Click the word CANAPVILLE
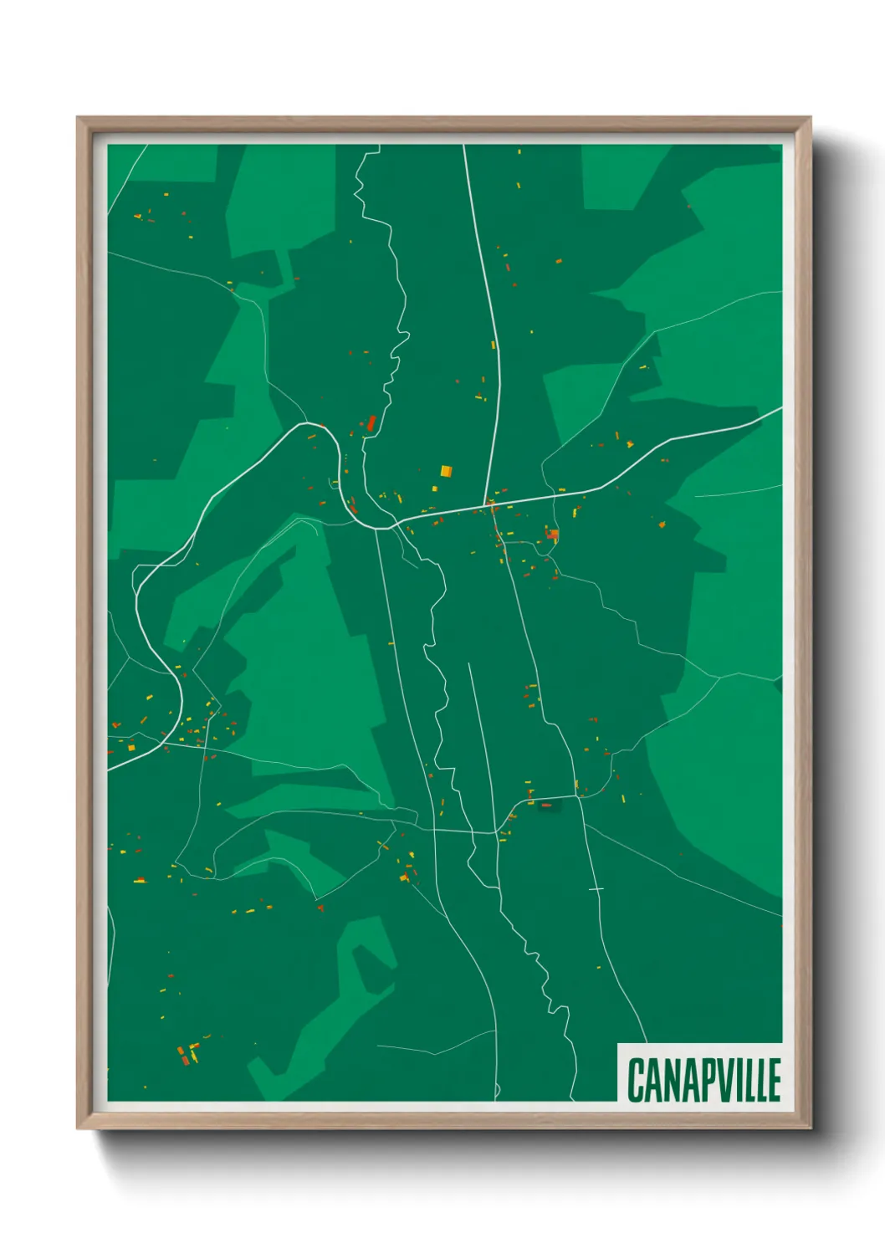coord(703,1080)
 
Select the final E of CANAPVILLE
coord(774,1080)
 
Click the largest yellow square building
coord(446,471)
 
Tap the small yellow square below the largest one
coord(435,489)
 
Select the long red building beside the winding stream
coord(371,423)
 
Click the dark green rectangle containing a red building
coord(547,806)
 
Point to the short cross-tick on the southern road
coord(596,888)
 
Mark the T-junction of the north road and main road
coord(485,504)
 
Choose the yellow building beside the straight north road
coord(494,344)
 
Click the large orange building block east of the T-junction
coord(552,534)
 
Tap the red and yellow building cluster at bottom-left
coord(187,1054)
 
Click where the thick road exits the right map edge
coord(780,409)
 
